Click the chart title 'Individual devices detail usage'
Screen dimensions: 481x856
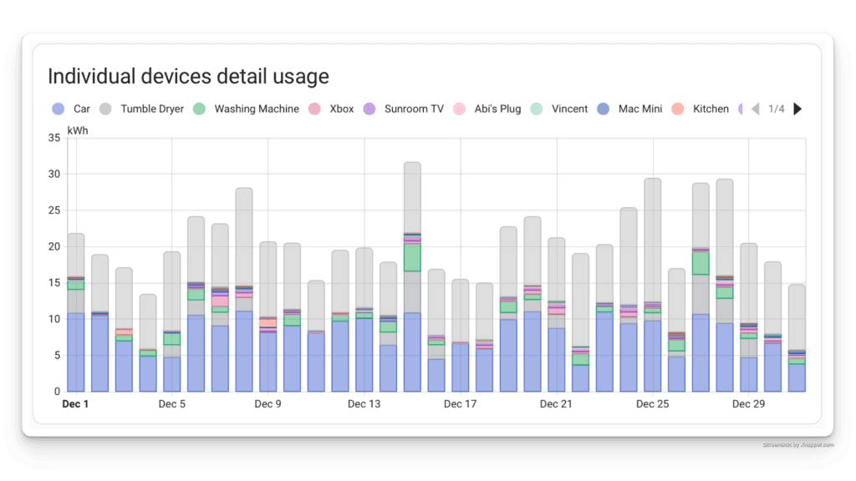tap(188, 77)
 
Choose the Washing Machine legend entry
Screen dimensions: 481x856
tap(247, 109)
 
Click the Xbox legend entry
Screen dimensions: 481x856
tap(333, 109)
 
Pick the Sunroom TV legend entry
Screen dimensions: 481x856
tap(405, 109)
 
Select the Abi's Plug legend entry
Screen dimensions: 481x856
tap(487, 109)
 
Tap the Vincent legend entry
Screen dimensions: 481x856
tap(560, 109)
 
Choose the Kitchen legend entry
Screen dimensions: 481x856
tap(701, 109)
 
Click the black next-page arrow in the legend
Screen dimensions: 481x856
tap(797, 109)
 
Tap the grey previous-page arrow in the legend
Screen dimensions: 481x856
tap(755, 109)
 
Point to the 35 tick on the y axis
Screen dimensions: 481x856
tap(54, 138)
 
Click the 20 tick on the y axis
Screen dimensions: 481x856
tap(54, 246)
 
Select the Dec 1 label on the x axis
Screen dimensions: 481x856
tap(76, 404)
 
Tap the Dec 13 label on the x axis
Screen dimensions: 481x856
tap(364, 404)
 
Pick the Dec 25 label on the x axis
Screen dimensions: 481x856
tap(653, 404)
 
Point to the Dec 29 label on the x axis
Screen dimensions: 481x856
tap(749, 404)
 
